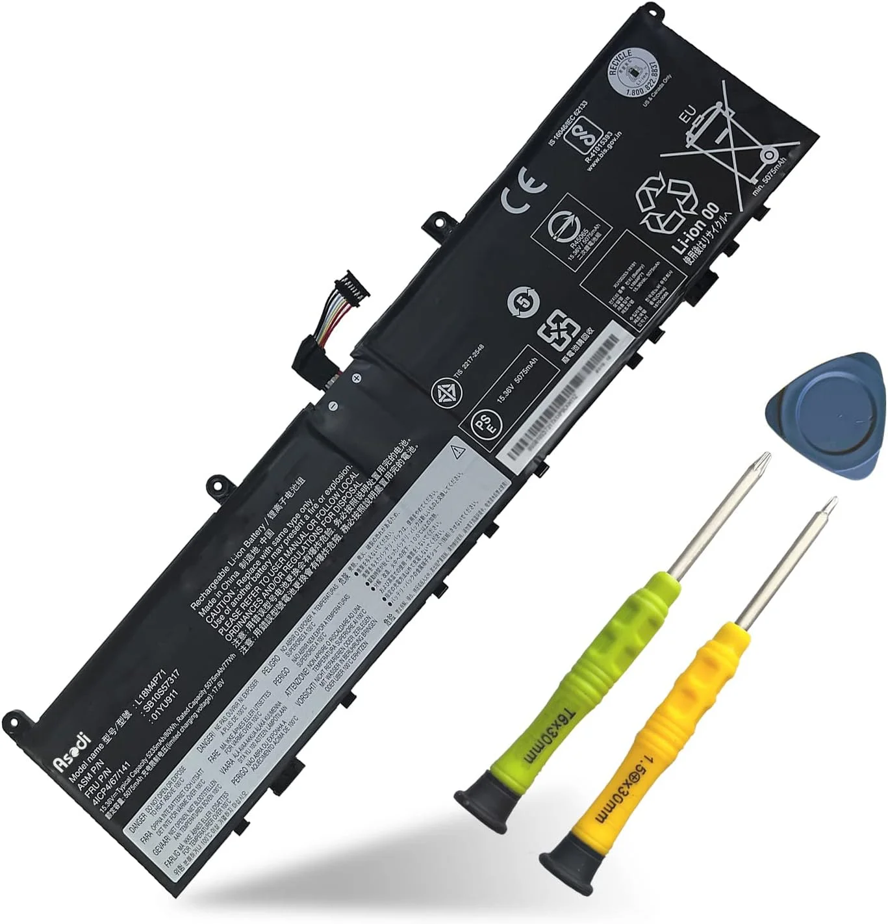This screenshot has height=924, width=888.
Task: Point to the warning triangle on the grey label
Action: pyautogui.click(x=459, y=450)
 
